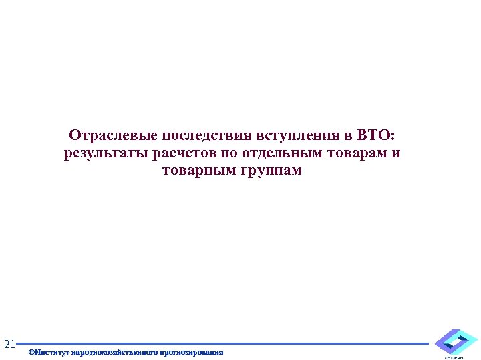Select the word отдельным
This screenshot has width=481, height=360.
pyautogui.click(x=280, y=153)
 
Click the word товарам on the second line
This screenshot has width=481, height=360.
pyautogui.click(x=356, y=153)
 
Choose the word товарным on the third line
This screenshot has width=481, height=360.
pyautogui.click(x=196, y=171)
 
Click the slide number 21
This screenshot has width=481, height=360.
pyautogui.click(x=9, y=345)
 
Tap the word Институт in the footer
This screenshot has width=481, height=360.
pyautogui.click(x=55, y=351)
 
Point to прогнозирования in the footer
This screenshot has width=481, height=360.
pyautogui.click(x=192, y=351)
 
